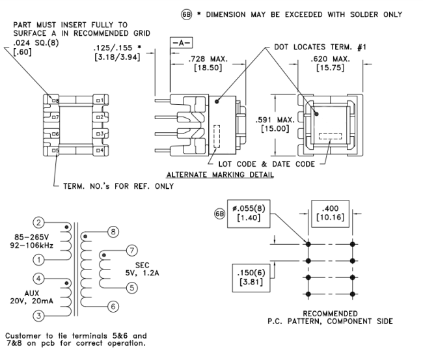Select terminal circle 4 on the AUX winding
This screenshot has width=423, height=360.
[38, 280]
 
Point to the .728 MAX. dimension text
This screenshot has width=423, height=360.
[205, 59]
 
